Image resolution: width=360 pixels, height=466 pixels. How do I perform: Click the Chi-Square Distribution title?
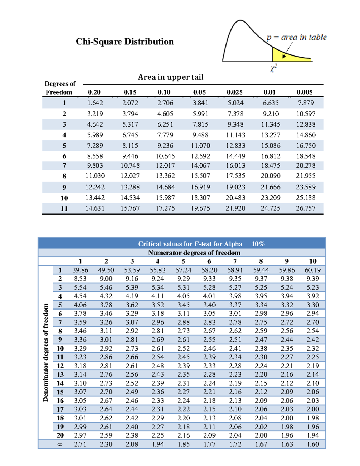tap(124, 41)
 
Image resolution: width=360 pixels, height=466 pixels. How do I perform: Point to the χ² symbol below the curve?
tap(273, 68)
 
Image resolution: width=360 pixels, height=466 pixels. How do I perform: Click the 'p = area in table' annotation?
tap(296, 37)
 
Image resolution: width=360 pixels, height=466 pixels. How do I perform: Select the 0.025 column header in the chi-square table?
tap(234, 92)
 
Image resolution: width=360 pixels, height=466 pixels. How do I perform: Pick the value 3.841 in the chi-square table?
tap(200, 103)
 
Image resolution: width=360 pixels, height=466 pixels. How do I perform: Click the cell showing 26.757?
tap(305, 208)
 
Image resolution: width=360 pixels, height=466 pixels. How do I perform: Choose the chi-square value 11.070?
tap(200, 146)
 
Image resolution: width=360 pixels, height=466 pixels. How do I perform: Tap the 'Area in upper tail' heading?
tap(170, 77)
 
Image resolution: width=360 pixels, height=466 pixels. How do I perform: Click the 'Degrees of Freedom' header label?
tap(59, 88)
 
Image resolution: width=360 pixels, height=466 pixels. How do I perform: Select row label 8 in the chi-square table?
tap(64, 176)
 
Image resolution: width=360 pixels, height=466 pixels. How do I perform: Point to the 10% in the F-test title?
tap(258, 244)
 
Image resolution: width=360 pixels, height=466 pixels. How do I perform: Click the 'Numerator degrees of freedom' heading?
tap(194, 253)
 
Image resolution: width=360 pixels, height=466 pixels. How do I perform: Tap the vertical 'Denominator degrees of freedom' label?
tap(46, 353)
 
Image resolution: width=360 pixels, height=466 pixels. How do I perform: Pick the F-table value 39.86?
tap(80, 270)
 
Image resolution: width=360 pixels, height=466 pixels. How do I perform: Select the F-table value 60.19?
tap(313, 270)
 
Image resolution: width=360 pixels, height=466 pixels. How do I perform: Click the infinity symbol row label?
tap(60, 444)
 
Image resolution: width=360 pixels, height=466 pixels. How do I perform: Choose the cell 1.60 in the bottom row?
tap(313, 444)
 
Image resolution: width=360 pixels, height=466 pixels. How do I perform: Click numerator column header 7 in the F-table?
tap(235, 261)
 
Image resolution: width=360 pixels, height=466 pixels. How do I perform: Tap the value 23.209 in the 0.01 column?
tap(270, 198)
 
